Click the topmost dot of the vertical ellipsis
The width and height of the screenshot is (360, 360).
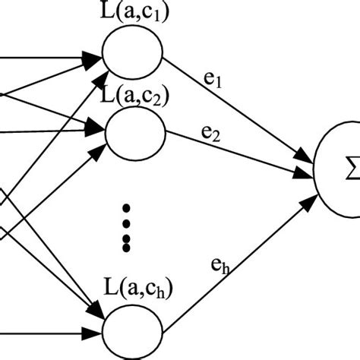[x=128, y=207]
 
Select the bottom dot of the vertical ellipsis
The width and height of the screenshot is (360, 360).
[x=128, y=248]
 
